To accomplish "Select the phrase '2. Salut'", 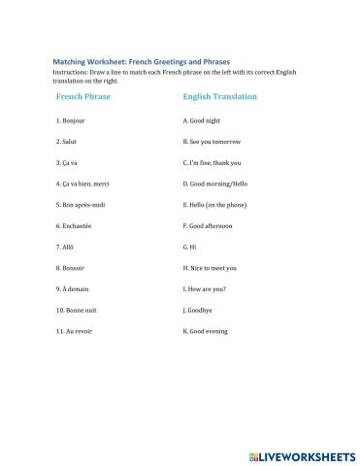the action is (x=69, y=142).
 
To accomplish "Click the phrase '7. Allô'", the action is (x=68, y=247).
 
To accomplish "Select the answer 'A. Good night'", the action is (x=203, y=121).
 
